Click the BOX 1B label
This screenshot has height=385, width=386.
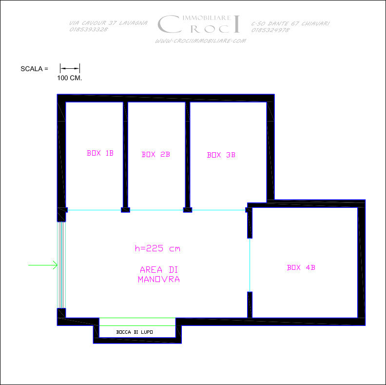tap(100, 153)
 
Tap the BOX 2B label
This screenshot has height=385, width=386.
tap(156, 154)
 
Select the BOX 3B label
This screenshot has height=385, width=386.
tap(221, 155)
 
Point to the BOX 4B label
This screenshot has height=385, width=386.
tap(301, 267)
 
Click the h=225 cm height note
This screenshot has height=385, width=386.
tap(157, 248)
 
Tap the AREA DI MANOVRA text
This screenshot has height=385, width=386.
tap(159, 274)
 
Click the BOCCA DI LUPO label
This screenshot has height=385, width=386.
tap(135, 332)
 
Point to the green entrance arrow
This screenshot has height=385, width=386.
tap(43, 265)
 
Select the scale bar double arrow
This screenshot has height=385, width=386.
tap(70, 68)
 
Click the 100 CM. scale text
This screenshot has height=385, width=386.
tap(69, 78)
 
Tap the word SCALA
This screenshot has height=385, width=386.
tap(32, 69)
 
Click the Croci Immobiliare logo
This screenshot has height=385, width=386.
tap(199, 24)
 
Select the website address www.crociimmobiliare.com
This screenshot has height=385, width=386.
tap(201, 41)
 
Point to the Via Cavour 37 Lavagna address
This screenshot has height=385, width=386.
tap(108, 23)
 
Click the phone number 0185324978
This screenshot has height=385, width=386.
tap(270, 30)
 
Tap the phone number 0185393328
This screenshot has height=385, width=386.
tap(89, 29)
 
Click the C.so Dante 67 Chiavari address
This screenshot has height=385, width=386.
tap(290, 23)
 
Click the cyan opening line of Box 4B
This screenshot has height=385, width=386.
tap(250, 265)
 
